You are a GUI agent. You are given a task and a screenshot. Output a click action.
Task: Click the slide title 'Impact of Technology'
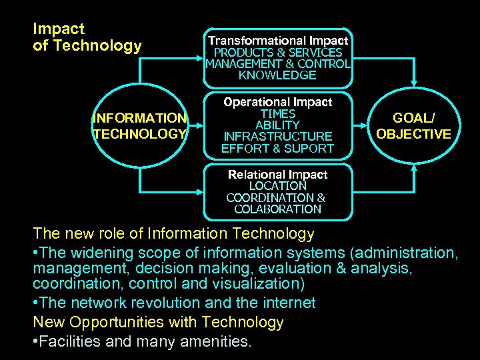[87, 37]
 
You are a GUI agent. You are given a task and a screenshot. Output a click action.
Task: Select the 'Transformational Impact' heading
[277, 41]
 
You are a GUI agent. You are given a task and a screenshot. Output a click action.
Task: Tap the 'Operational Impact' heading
[277, 102]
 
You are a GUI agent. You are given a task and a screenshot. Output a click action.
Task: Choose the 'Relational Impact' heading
[277, 174]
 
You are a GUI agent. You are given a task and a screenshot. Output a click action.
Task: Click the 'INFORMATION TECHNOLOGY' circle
[140, 126]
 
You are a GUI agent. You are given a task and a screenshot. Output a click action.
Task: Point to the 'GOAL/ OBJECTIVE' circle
[413, 126]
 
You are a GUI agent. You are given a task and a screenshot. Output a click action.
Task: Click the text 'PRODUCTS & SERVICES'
[277, 52]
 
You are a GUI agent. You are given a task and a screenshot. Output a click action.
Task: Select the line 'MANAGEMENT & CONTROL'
[277, 64]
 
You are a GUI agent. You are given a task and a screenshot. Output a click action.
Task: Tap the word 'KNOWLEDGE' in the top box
[277, 75]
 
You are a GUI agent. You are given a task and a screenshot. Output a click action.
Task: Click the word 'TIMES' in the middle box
[277, 113]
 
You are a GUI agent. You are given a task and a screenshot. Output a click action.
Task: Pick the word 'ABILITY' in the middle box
[277, 125]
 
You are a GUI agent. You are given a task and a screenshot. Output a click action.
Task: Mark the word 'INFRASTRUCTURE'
[277, 137]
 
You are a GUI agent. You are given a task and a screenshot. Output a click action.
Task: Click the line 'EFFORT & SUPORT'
[277, 149]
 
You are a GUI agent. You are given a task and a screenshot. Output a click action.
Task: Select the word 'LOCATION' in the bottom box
[277, 186]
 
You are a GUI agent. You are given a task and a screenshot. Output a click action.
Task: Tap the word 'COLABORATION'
[277, 209]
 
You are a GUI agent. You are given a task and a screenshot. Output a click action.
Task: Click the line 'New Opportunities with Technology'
[158, 323]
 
